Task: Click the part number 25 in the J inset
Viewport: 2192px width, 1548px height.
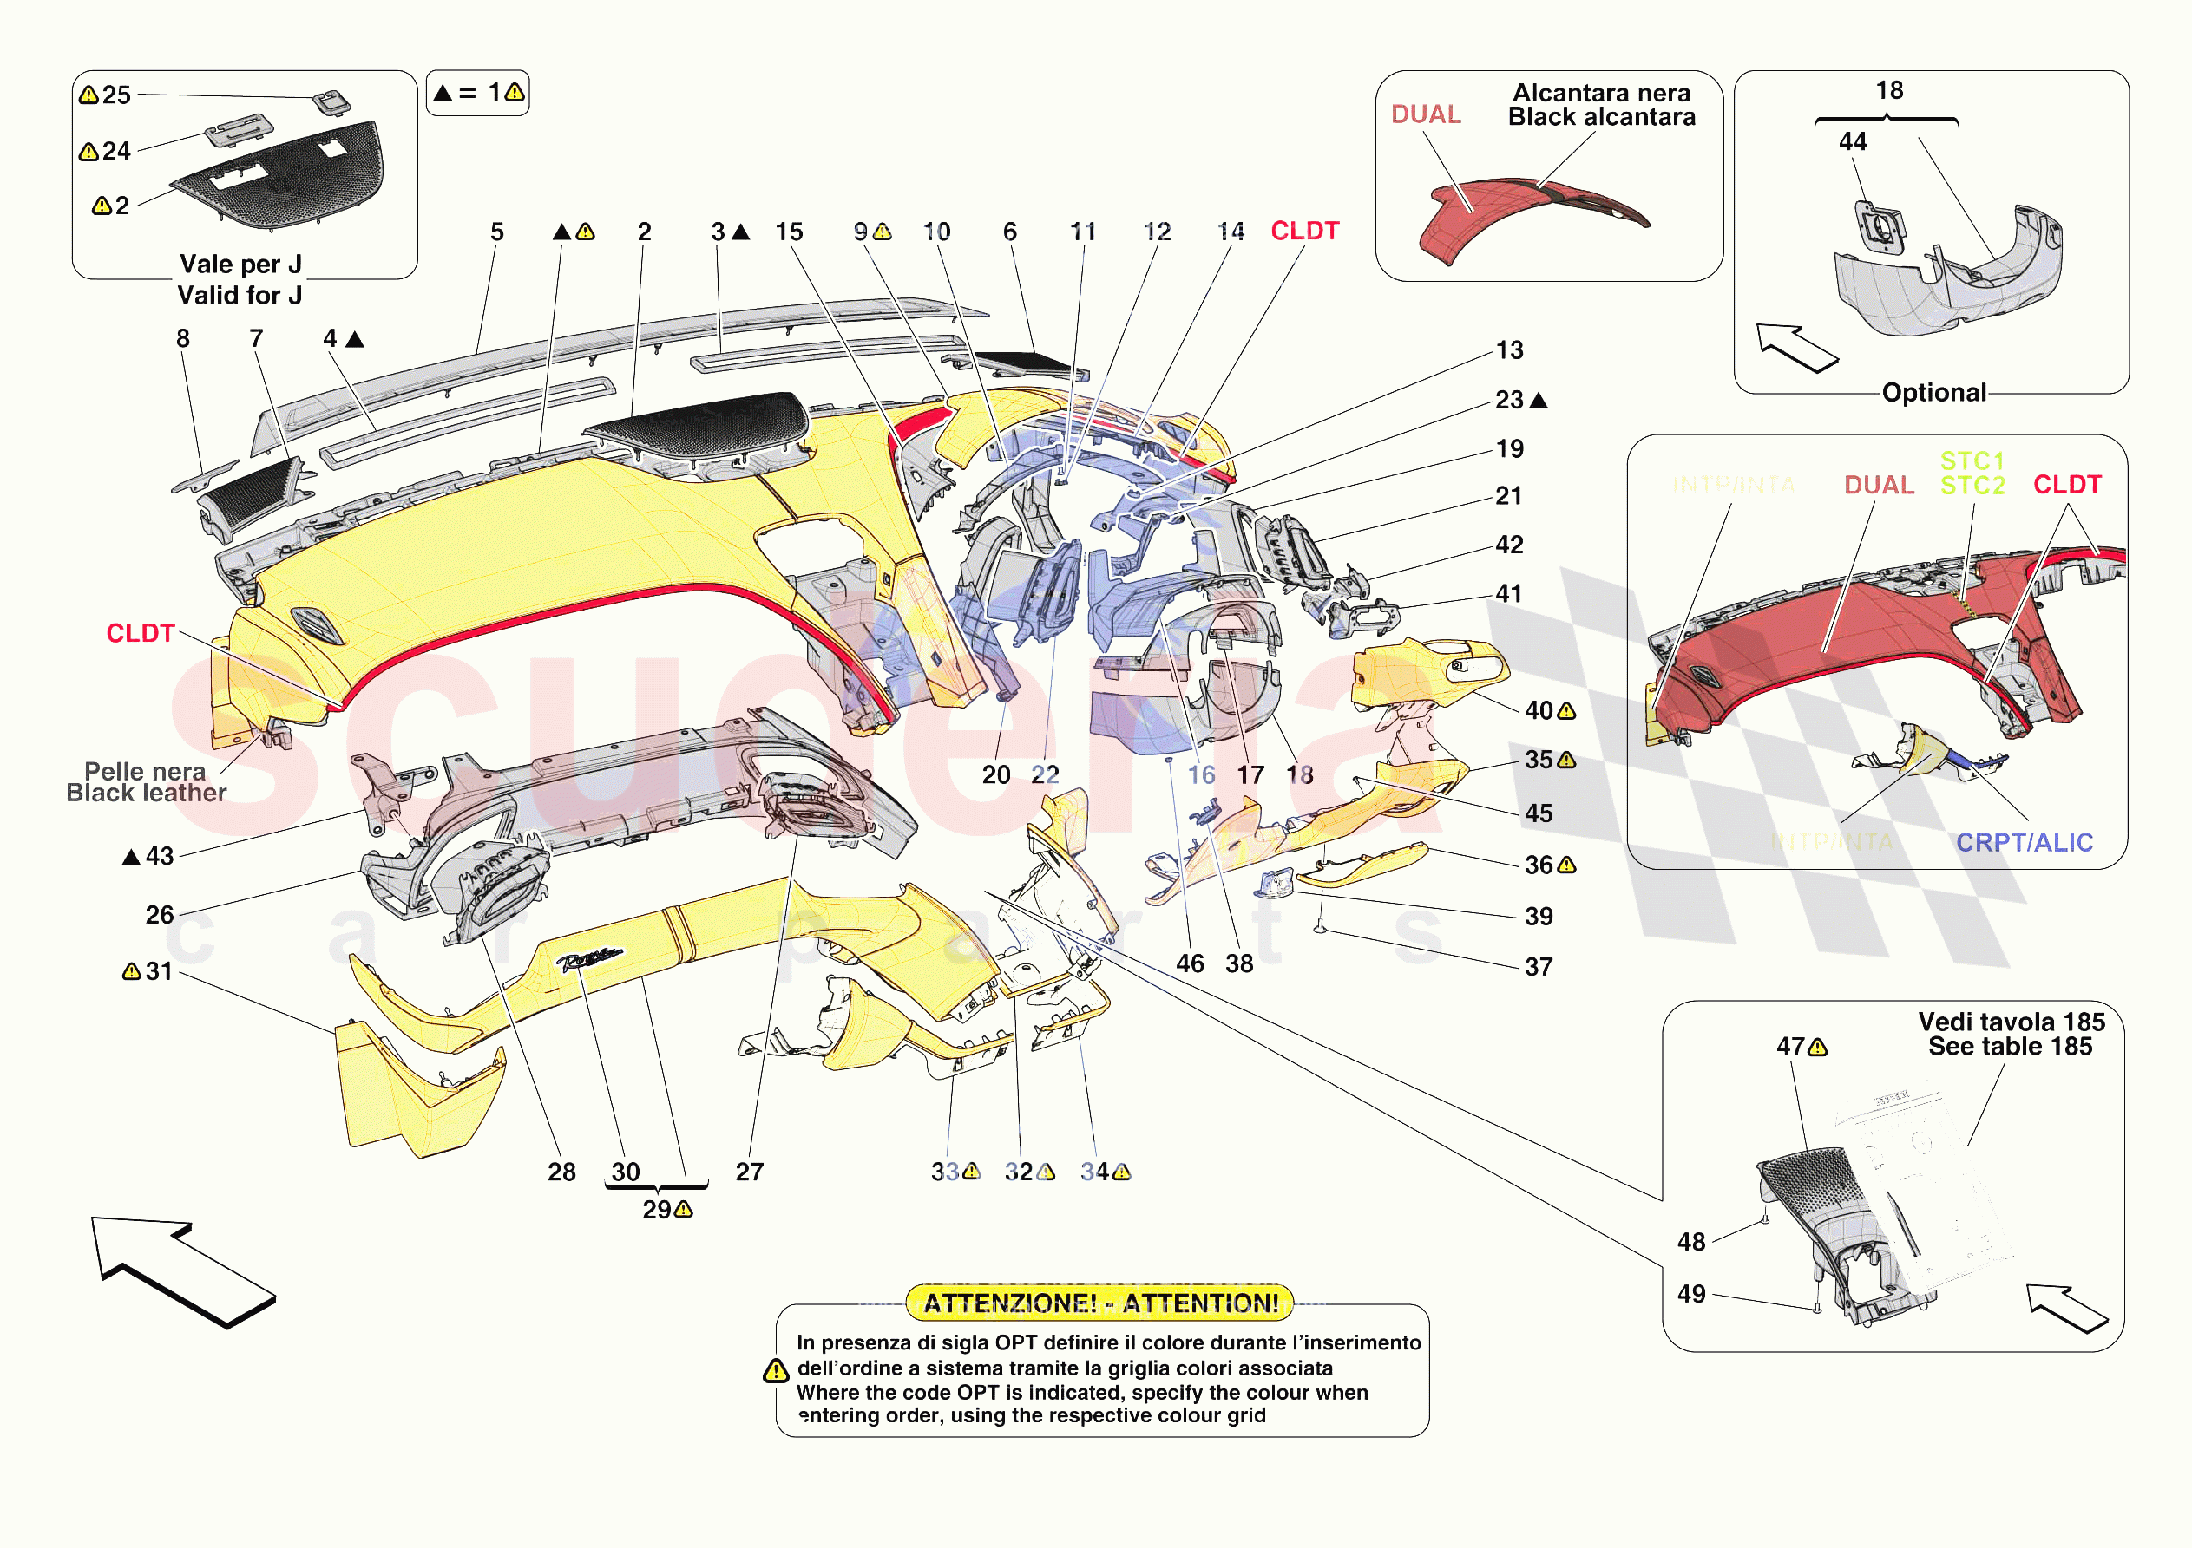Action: point(116,95)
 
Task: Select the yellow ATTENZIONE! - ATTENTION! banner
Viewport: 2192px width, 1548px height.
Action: point(1099,1303)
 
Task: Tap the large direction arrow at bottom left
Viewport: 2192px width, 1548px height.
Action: point(181,1270)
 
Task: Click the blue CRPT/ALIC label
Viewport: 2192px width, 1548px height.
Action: point(2024,843)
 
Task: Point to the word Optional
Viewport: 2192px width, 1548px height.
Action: point(1933,392)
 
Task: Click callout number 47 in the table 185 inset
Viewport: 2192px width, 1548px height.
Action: point(1790,1047)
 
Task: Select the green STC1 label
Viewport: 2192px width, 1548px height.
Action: point(1972,461)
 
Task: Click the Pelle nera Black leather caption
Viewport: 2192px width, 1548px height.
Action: point(146,782)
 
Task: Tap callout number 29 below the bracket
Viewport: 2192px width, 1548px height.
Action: point(657,1210)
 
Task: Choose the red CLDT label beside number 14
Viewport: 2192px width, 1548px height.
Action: point(1304,231)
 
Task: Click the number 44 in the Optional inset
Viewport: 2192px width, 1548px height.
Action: point(1852,141)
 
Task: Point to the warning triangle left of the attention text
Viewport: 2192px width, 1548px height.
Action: point(775,1371)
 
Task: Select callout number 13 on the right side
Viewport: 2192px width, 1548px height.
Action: point(1509,350)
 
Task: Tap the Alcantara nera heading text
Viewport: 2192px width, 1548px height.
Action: point(1601,93)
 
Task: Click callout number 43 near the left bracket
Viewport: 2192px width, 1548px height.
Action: point(160,856)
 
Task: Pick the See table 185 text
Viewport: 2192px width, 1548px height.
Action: point(2010,1047)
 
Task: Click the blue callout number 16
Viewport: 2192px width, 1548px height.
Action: point(1201,775)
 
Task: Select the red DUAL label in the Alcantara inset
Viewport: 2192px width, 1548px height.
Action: point(1426,114)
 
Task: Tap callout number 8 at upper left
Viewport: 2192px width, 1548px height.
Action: point(183,339)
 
